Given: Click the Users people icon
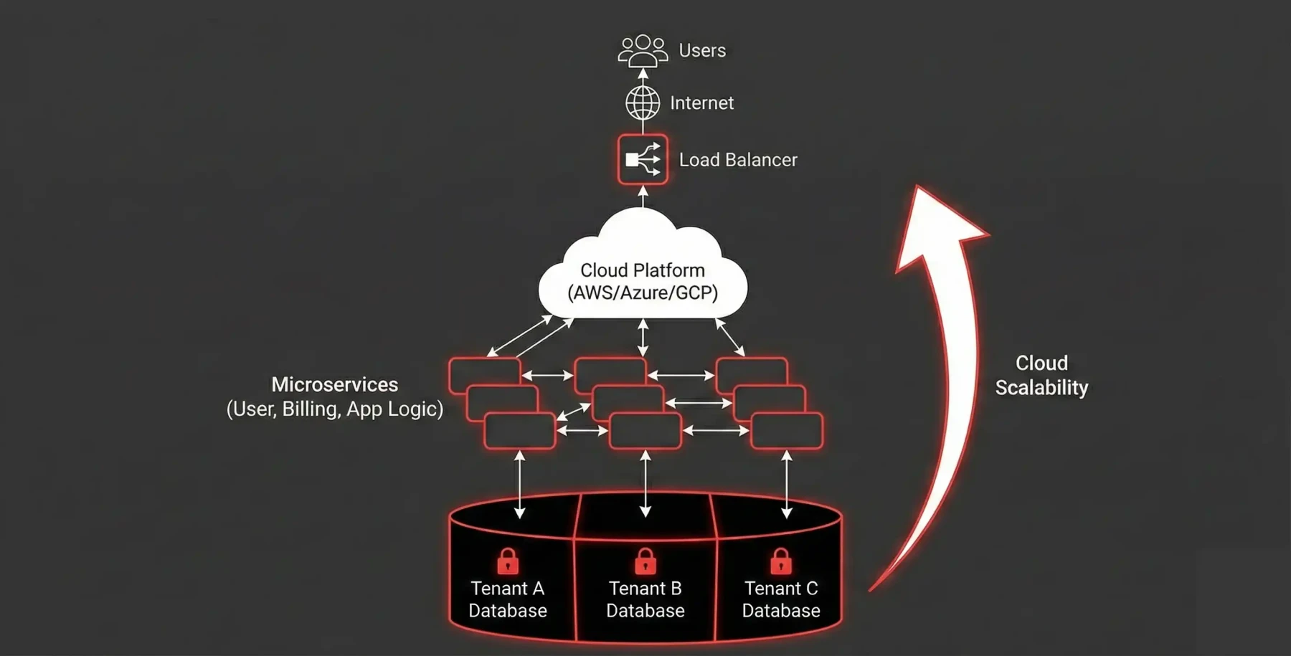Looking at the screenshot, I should [643, 50].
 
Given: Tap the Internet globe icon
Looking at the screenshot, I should [643, 103].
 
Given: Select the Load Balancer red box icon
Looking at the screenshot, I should [643, 159].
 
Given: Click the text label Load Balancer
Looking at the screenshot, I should [737, 160].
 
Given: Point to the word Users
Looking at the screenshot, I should [702, 50].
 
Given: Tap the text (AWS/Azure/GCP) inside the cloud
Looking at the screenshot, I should [643, 293].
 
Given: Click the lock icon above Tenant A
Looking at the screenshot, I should [508, 561].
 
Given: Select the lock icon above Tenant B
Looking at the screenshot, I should [645, 561].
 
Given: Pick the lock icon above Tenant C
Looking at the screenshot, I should [781, 561].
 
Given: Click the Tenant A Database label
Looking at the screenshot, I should [508, 599].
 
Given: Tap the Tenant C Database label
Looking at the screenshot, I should [781, 599].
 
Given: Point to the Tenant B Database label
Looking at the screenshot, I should [645, 599].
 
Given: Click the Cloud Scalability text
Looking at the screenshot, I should [1041, 375].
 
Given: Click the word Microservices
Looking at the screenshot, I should [334, 384].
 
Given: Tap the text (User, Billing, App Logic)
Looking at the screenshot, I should [334, 409].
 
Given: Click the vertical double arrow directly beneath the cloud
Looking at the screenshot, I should [643, 338].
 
